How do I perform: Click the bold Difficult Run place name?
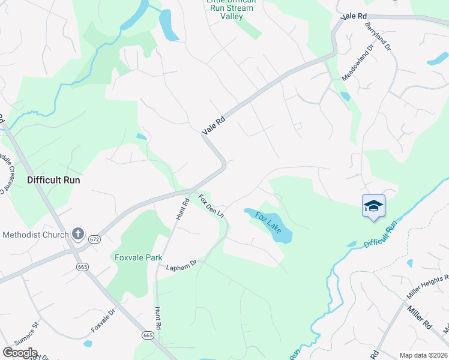[x=53, y=180]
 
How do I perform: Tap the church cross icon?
[x=77, y=233]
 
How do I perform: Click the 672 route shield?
[x=94, y=239]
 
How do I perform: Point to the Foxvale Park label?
[x=139, y=257]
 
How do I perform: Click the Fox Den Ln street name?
[x=211, y=205]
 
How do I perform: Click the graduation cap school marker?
[x=373, y=206]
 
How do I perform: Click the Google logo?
[x=20, y=353]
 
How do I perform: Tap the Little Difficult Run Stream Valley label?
[x=231, y=8]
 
